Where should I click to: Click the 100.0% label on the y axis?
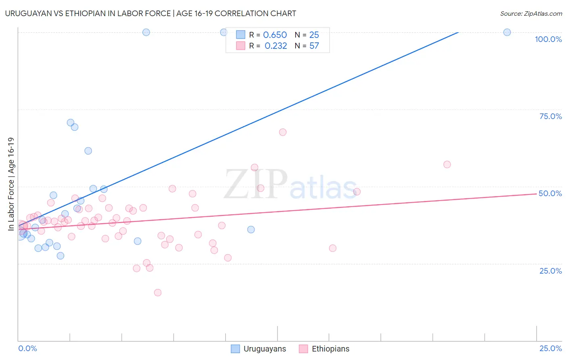tap(548, 39)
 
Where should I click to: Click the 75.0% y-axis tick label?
tap(550, 116)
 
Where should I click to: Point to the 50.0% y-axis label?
tap(550, 193)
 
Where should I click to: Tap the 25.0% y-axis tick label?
tap(550, 271)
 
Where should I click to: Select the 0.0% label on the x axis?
tap(27, 348)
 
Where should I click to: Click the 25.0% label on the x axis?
tap(550, 348)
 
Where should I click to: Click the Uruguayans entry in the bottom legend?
tap(264, 349)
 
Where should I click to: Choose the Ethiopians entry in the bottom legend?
tap(330, 349)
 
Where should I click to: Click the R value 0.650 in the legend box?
tap(275, 35)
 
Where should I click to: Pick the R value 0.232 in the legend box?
tap(275, 46)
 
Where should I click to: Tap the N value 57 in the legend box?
tap(314, 46)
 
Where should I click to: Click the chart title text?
tap(150, 13)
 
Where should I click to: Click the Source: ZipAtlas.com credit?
tap(531, 14)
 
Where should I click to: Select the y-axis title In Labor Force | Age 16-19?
tap(11, 184)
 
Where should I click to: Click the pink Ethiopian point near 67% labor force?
tap(283, 132)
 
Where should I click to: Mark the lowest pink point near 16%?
tap(158, 293)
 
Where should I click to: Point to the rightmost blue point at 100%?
tap(507, 32)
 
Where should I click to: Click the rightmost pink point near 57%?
tap(447, 164)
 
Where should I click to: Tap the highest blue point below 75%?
tap(71, 123)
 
